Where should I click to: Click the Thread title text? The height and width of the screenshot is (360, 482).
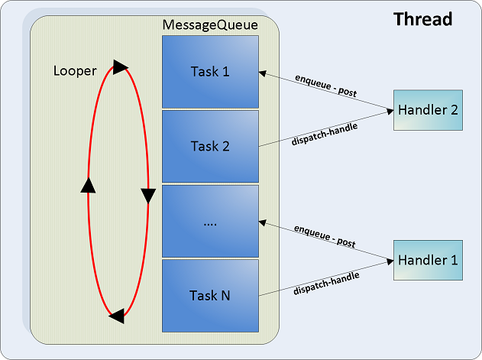click(422, 19)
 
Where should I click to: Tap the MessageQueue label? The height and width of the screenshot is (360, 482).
click(210, 25)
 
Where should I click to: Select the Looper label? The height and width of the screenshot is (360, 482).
click(75, 71)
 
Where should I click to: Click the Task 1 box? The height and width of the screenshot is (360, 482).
click(210, 72)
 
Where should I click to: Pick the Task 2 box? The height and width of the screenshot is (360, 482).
click(210, 147)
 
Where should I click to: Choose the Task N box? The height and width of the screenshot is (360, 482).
click(210, 296)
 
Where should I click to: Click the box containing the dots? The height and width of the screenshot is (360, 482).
click(210, 221)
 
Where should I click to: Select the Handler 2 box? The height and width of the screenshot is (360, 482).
click(428, 110)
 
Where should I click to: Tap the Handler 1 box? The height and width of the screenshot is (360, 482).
click(428, 260)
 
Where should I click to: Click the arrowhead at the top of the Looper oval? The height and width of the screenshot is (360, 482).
click(120, 67)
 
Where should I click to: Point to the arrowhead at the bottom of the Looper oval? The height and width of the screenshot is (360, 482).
click(117, 316)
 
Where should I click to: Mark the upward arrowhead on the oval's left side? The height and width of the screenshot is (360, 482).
click(88, 186)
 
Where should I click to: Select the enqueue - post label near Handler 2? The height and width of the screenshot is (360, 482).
click(326, 86)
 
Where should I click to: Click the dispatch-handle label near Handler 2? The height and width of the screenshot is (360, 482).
click(325, 135)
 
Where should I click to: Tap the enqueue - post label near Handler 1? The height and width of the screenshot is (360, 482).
click(325, 236)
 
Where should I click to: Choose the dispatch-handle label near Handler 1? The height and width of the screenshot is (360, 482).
click(326, 284)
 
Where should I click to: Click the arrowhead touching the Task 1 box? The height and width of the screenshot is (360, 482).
click(262, 73)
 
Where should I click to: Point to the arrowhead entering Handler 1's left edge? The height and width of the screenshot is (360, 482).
click(390, 262)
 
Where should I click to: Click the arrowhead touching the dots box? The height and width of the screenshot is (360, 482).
click(262, 222)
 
